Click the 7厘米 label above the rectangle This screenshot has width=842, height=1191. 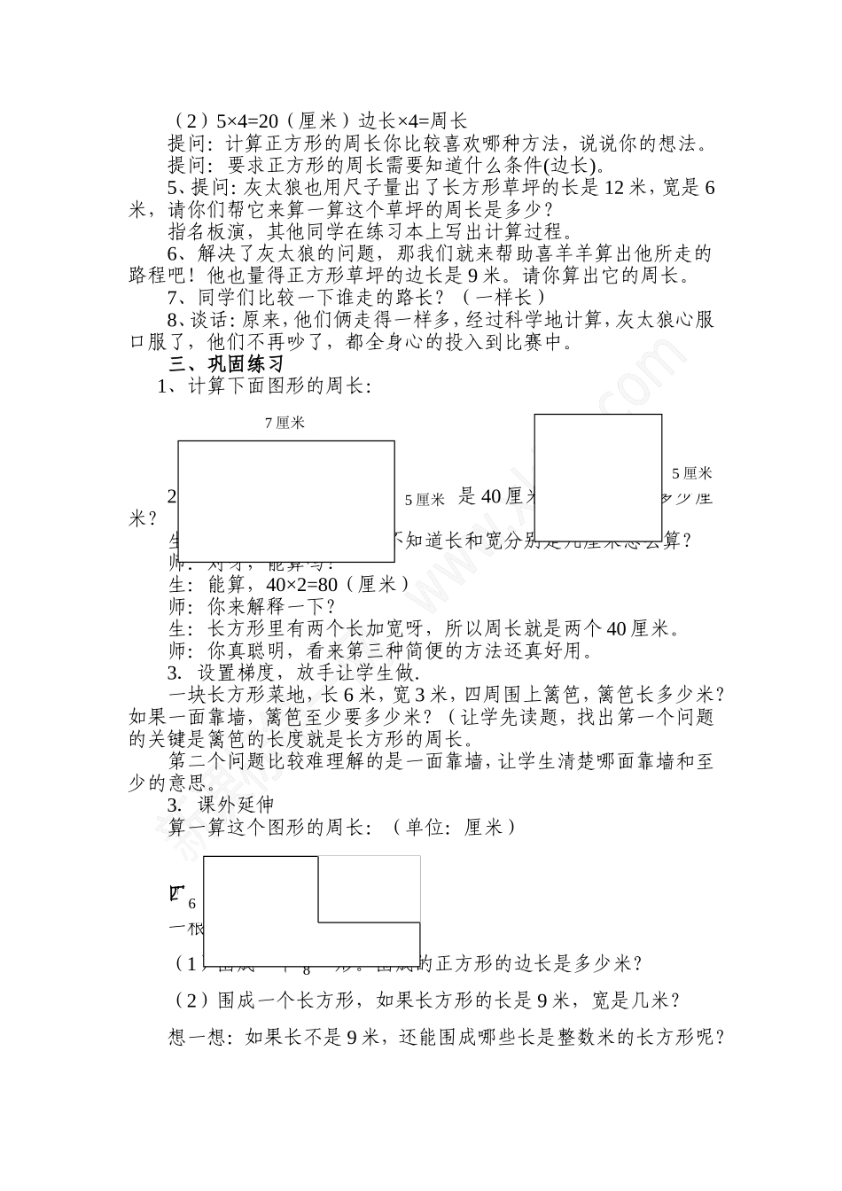[285, 423]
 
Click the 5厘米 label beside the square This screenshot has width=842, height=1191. [691, 473]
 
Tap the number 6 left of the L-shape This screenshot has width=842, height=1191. [191, 904]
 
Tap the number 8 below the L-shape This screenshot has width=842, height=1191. [307, 969]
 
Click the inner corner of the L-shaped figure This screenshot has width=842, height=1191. [318, 922]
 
